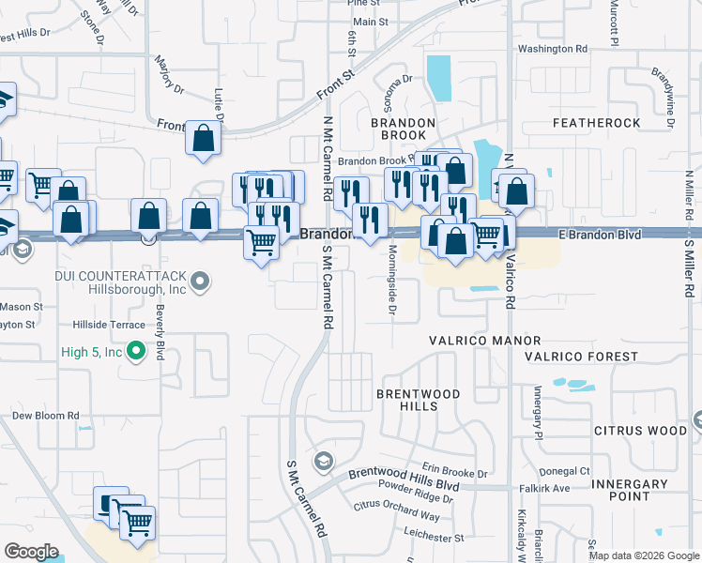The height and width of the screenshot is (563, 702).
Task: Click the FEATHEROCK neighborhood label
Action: click(x=597, y=123)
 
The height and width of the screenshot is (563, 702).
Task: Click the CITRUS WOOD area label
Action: click(x=641, y=431)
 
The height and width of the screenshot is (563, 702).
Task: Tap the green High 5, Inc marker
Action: click(x=136, y=352)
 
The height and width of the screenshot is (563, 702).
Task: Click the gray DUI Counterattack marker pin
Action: click(x=199, y=281)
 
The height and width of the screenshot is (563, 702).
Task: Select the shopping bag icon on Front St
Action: click(x=203, y=139)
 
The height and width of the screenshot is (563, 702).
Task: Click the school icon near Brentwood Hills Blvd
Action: click(x=324, y=460)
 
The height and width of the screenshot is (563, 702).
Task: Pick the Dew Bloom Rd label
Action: click(x=45, y=415)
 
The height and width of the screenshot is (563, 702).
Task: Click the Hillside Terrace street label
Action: click(x=109, y=324)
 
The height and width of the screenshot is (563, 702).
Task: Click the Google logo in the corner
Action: click(x=31, y=552)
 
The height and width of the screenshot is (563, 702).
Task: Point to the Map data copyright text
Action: click(x=644, y=555)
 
